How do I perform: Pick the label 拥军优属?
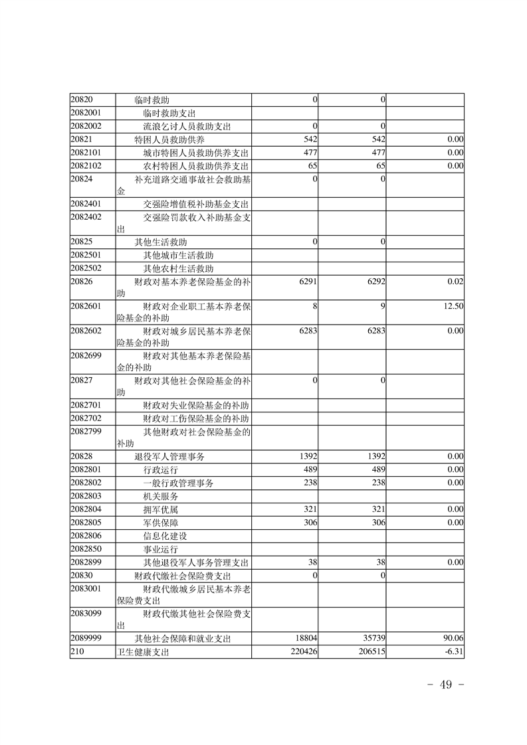coord(161,509)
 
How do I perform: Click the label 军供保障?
coord(161,523)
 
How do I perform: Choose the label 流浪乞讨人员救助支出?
coord(187,126)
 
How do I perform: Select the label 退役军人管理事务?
coord(169,456)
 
